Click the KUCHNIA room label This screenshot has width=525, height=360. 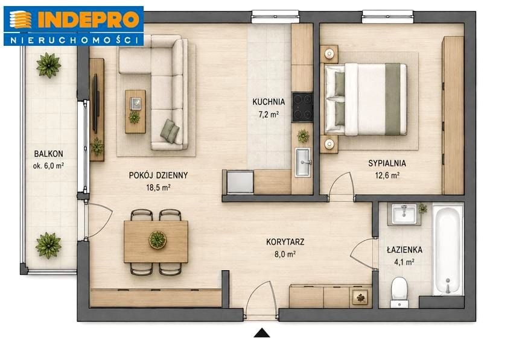pyautogui.click(x=269, y=102)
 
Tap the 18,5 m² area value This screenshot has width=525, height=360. pyautogui.click(x=158, y=188)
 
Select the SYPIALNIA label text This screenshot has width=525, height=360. pyautogui.click(x=387, y=163)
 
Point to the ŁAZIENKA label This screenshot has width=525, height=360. pyautogui.click(x=404, y=250)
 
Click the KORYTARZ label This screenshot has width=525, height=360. pyautogui.click(x=285, y=242)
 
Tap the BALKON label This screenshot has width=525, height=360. pyautogui.click(x=48, y=154)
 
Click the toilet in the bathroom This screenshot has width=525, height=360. pyautogui.click(x=399, y=292)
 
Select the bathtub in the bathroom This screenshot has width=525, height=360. pyautogui.click(x=448, y=251)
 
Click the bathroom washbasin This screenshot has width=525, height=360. pyautogui.click(x=404, y=214)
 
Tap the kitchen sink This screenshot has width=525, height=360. pyautogui.click(x=303, y=163)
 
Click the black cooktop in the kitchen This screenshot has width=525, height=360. pyautogui.click(x=302, y=107)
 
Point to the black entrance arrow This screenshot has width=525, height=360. pyautogui.click(x=262, y=333)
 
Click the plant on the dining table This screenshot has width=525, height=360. pyautogui.click(x=157, y=239)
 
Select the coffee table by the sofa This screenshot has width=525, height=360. pyautogui.click(x=135, y=112)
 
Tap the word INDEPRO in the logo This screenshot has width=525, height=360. pyautogui.click(x=89, y=20)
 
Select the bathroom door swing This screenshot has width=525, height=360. pyautogui.click(x=363, y=253)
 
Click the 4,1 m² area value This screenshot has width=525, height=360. pyautogui.click(x=404, y=262)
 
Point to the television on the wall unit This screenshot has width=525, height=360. pyautogui.click(x=95, y=104)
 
